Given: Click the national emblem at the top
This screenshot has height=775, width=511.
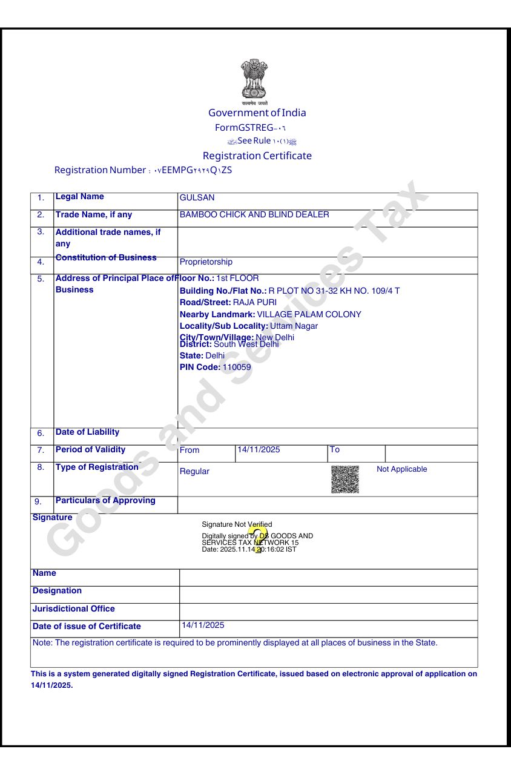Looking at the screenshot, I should click(x=255, y=80).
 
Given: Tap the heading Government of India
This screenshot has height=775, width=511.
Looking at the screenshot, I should click(x=257, y=113).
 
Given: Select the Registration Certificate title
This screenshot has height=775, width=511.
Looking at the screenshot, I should click(x=257, y=156).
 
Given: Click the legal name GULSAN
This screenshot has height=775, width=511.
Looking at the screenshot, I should click(x=197, y=198).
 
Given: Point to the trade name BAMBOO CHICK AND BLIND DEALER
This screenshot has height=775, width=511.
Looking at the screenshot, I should click(x=254, y=215).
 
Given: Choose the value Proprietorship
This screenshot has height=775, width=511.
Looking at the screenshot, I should click(x=206, y=262).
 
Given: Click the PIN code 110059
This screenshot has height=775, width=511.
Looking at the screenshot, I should click(x=237, y=368).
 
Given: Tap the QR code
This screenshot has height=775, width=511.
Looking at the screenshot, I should click(x=345, y=479).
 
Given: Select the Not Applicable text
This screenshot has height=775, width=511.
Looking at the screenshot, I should click(x=401, y=469).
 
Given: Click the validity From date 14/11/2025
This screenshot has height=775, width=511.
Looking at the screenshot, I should click(x=259, y=450).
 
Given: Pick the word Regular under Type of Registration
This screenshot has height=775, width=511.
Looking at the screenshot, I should click(x=194, y=472).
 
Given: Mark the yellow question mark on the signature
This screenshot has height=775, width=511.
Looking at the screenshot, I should click(x=257, y=539).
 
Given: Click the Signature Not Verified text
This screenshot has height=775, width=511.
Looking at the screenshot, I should click(x=237, y=524).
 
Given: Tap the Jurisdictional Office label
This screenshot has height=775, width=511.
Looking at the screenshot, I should click(x=73, y=608).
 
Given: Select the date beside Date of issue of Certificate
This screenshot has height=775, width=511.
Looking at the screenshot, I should click(x=203, y=625).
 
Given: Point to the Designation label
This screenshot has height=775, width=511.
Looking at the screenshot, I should click(x=57, y=590).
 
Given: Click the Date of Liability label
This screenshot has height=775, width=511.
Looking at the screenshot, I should click(x=87, y=432).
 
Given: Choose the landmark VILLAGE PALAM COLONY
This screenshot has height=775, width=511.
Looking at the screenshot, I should click(x=309, y=315).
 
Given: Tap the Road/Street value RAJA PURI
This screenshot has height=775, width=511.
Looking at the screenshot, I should click(x=255, y=302).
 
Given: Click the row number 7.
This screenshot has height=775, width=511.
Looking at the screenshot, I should click(x=41, y=450).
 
